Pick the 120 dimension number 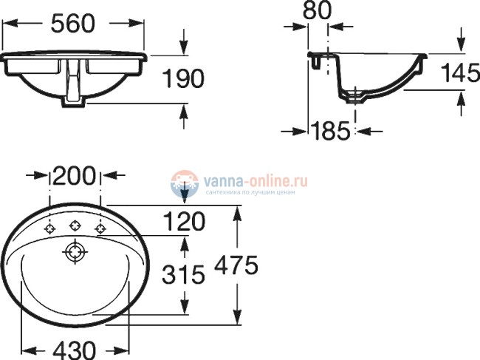184,220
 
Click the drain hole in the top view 75,252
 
